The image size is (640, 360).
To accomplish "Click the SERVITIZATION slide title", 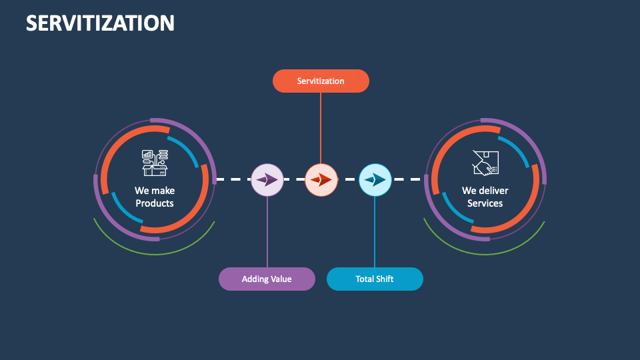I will pos(100,23).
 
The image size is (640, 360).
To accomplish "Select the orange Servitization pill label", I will pos(321,81).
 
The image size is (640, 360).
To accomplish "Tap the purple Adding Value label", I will pos(267,279).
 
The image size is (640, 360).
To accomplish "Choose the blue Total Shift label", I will pos(375,279).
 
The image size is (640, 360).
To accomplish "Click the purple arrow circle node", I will pos(267,179).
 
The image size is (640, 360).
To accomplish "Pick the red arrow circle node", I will pos(321,179).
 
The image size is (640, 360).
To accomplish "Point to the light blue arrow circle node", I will pos(375,179).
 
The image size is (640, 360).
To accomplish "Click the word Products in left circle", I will pos(155,203).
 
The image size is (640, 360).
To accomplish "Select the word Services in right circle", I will pos(485,203).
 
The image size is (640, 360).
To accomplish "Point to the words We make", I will pos(155,191).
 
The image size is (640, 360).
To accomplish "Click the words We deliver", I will pos(485,191).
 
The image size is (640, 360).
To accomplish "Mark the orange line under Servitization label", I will pos(321,127).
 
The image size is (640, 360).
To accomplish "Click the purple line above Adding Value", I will pos(267,233).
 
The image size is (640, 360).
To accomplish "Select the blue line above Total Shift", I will pos(375,233).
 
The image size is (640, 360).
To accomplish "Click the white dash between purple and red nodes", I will pos(294,179).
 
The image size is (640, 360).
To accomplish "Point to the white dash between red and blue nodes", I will pos(348,179).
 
